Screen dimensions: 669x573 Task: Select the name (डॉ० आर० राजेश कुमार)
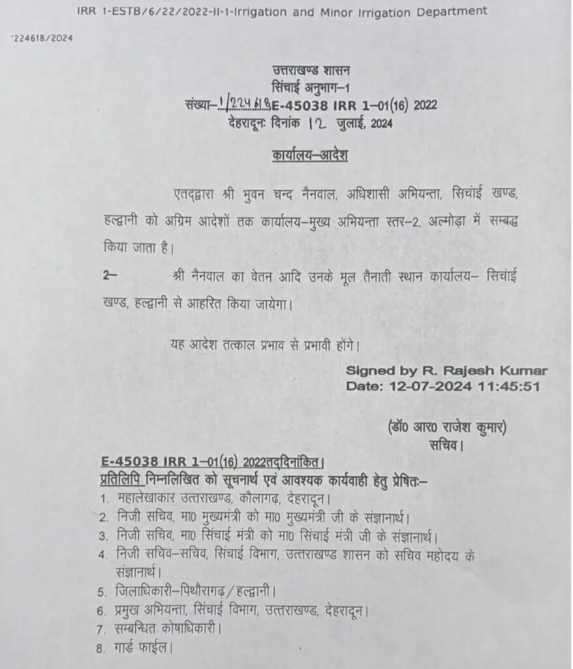click(x=446, y=428)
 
